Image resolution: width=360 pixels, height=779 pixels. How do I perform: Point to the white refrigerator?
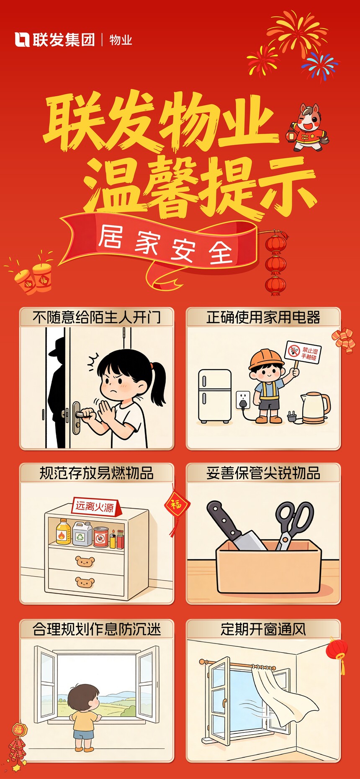click(x=215, y=396)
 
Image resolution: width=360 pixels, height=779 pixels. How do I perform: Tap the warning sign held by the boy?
click(x=303, y=352)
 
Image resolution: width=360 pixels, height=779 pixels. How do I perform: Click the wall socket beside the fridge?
click(x=243, y=400)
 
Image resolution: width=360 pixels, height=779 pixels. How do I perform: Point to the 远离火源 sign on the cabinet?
click(x=96, y=507)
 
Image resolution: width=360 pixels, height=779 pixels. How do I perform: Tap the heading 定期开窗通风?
click(x=263, y=629)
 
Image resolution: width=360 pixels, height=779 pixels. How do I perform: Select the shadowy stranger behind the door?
click(x=58, y=392)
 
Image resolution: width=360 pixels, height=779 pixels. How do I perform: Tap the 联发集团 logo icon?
click(x=22, y=40)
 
